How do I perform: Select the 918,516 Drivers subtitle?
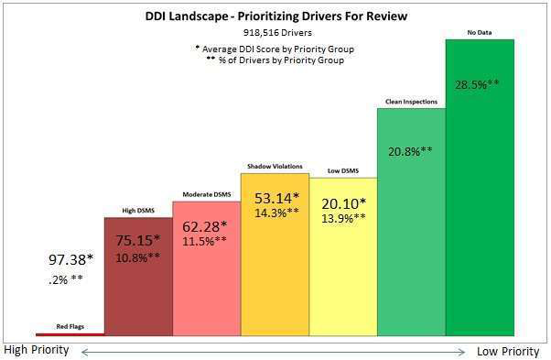tap(275, 33)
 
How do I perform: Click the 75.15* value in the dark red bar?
tap(138, 242)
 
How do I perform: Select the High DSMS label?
tap(137, 212)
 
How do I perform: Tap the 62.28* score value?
tap(207, 225)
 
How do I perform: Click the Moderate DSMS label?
tap(206, 195)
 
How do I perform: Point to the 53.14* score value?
tap(275, 199)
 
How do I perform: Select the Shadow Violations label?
tap(275, 167)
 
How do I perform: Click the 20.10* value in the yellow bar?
tap(343, 203)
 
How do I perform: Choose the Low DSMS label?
tap(343, 171)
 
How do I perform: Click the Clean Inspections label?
tap(411, 102)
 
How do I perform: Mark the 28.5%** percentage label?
tap(480, 84)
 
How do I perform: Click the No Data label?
tap(480, 34)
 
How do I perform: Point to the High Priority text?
tap(36, 351)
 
